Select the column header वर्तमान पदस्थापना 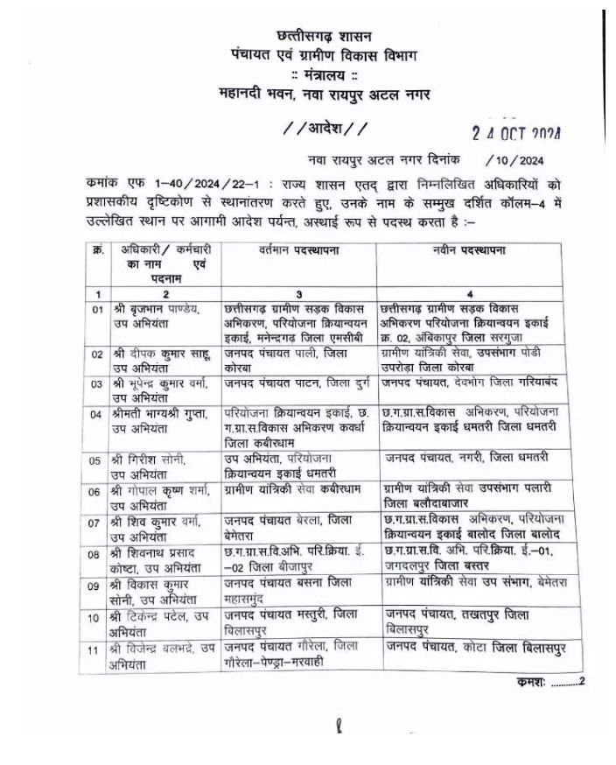298,250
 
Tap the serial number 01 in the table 99,310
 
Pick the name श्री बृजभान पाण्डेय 157,310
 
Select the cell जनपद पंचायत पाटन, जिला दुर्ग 298,382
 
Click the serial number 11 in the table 99,648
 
